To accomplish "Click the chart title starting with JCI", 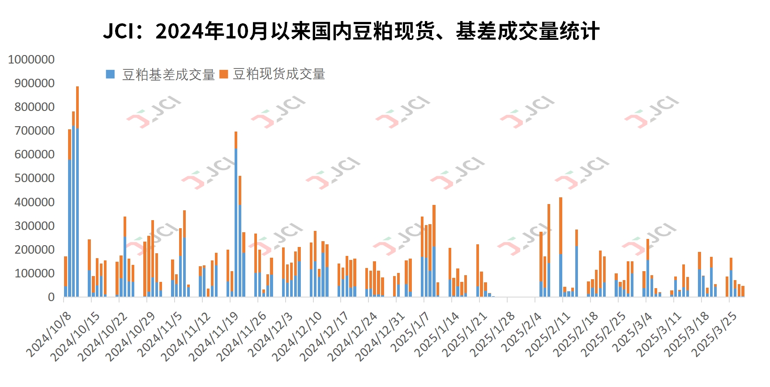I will pos(351,31).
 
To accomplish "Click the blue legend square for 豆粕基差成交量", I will pos(110,74).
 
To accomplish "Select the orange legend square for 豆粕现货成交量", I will pos(224,74).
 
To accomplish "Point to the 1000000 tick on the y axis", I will pos(31,60).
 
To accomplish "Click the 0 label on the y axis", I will pos(51,297).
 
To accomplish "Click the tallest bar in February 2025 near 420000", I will pos(560,246).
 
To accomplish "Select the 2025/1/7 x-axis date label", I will pos(410,332).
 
